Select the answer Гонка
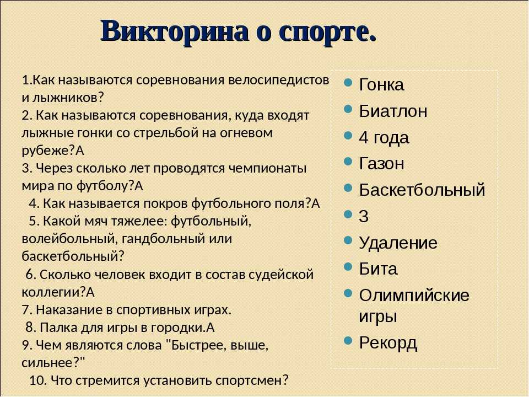(x=381, y=84)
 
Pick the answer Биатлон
(x=393, y=111)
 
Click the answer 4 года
(x=384, y=138)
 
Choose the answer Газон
(x=381, y=164)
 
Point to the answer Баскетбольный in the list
(x=422, y=190)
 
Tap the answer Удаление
(x=398, y=243)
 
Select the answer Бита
(x=378, y=269)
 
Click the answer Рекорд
(x=388, y=344)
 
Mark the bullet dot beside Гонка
(x=348, y=83)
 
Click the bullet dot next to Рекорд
(x=348, y=340)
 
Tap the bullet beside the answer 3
(x=348, y=214)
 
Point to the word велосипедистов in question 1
(x=279, y=81)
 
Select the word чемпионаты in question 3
(x=268, y=168)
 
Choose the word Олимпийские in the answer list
(x=414, y=296)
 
